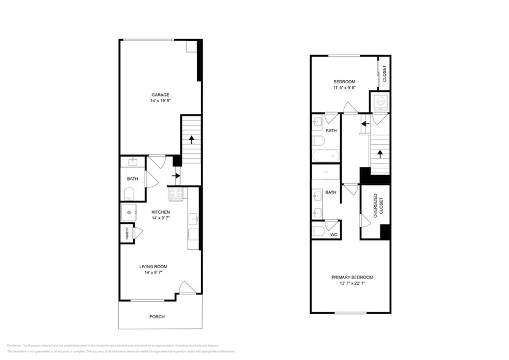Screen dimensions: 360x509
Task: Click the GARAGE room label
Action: pos(160,94)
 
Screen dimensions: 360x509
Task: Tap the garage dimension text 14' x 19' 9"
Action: pos(160,100)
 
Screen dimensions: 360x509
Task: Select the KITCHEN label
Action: pos(160,212)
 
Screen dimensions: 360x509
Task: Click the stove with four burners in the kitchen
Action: pos(177,195)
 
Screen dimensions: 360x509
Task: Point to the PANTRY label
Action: pos(123,233)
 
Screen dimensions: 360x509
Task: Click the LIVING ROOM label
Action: pos(153,266)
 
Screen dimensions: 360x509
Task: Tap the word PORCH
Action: pos(157,317)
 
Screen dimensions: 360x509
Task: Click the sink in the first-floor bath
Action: pos(132,162)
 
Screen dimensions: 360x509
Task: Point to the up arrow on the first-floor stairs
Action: pos(192,138)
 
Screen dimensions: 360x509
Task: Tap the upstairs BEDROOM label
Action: pos(344,81)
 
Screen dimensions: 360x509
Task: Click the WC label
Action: pos(333,234)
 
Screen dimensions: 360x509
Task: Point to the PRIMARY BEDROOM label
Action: pos(352,277)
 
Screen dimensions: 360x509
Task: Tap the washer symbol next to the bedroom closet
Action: pos(380,102)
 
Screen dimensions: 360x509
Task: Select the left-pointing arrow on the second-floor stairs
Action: pos(364,124)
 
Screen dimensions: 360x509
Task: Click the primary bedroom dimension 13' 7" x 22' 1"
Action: pos(352,284)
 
